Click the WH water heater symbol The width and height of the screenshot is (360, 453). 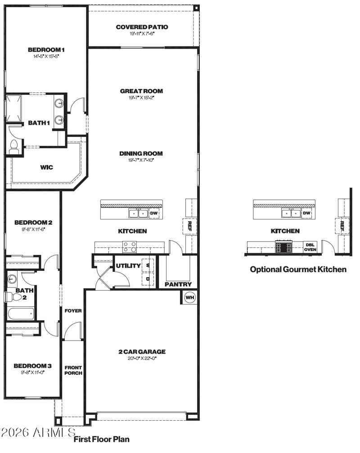[x=189, y=297]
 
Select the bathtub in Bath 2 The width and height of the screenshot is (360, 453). [x=21, y=314]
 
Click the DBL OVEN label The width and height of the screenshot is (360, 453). [x=310, y=247]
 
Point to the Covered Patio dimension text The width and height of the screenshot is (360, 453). [x=142, y=33]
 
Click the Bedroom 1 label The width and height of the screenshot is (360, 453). [x=46, y=49]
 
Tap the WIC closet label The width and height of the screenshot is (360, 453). [x=46, y=167]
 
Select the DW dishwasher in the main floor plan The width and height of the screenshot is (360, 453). [x=154, y=214]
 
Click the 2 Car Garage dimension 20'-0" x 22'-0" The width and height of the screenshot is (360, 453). [x=142, y=358]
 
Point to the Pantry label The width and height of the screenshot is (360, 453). [x=178, y=284]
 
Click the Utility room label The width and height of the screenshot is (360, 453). [x=128, y=265]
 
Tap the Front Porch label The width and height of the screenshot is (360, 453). [x=73, y=370]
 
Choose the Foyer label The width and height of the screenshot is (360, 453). [x=73, y=311]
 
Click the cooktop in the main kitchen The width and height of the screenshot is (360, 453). [x=130, y=247]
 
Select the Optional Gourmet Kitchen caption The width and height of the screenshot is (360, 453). [x=298, y=269]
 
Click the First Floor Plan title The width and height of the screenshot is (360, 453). [x=101, y=440]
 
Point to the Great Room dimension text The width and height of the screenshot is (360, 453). [x=142, y=98]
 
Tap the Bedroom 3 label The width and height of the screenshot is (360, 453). [x=33, y=366]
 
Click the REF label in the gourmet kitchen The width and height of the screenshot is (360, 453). [x=342, y=225]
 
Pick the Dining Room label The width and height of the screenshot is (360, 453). [x=141, y=153]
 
